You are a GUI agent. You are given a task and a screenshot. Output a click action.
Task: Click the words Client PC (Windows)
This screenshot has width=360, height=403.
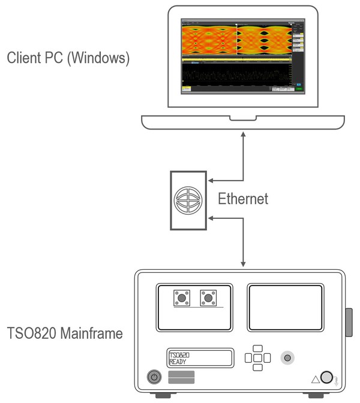coord(68,59)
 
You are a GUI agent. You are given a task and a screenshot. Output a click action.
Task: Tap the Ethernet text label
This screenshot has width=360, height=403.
coord(242,199)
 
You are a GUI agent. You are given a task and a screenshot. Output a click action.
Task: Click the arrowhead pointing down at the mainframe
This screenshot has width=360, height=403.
coord(244,264)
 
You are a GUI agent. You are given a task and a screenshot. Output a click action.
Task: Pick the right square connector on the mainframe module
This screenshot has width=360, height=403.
coord(208,297)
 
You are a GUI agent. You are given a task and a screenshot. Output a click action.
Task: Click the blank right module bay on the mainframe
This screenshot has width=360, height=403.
coord(285,307)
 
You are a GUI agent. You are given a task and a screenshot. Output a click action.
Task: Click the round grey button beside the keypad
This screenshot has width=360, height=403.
coord(289,358)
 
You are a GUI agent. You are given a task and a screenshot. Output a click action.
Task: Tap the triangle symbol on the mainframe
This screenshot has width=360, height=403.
coord(314,378)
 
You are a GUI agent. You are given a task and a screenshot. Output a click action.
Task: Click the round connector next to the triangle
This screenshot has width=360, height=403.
coord(327,377)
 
